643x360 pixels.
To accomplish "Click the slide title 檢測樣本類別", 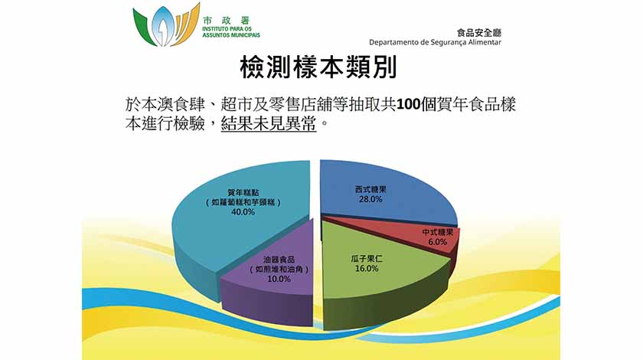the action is [x=318, y=67].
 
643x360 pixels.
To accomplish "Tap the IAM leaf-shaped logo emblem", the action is [x=166, y=25].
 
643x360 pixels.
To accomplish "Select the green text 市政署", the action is [x=226, y=21].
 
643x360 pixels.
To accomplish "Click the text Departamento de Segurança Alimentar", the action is [x=435, y=42].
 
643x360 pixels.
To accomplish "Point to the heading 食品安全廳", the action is [x=479, y=33].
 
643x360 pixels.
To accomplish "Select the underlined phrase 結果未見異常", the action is [x=269, y=123].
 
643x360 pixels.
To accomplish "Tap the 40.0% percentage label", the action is [x=243, y=212].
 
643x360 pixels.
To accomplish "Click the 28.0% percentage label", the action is [x=370, y=199].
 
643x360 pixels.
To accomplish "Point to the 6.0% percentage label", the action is [x=438, y=242].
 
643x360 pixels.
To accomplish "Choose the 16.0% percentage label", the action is [x=367, y=268].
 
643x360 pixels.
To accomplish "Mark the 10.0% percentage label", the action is [x=279, y=279].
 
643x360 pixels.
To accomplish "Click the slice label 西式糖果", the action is [x=370, y=190].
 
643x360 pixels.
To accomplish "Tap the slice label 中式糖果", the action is [x=438, y=232].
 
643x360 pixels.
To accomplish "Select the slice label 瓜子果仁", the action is [x=367, y=259].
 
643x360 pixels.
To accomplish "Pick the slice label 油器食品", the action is [x=279, y=260].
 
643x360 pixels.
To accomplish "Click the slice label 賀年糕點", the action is [x=243, y=192].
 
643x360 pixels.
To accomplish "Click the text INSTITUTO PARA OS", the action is [x=227, y=30].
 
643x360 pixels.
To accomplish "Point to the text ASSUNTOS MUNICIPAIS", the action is [x=231, y=35].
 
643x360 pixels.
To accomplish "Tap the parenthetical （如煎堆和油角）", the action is [x=279, y=270].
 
